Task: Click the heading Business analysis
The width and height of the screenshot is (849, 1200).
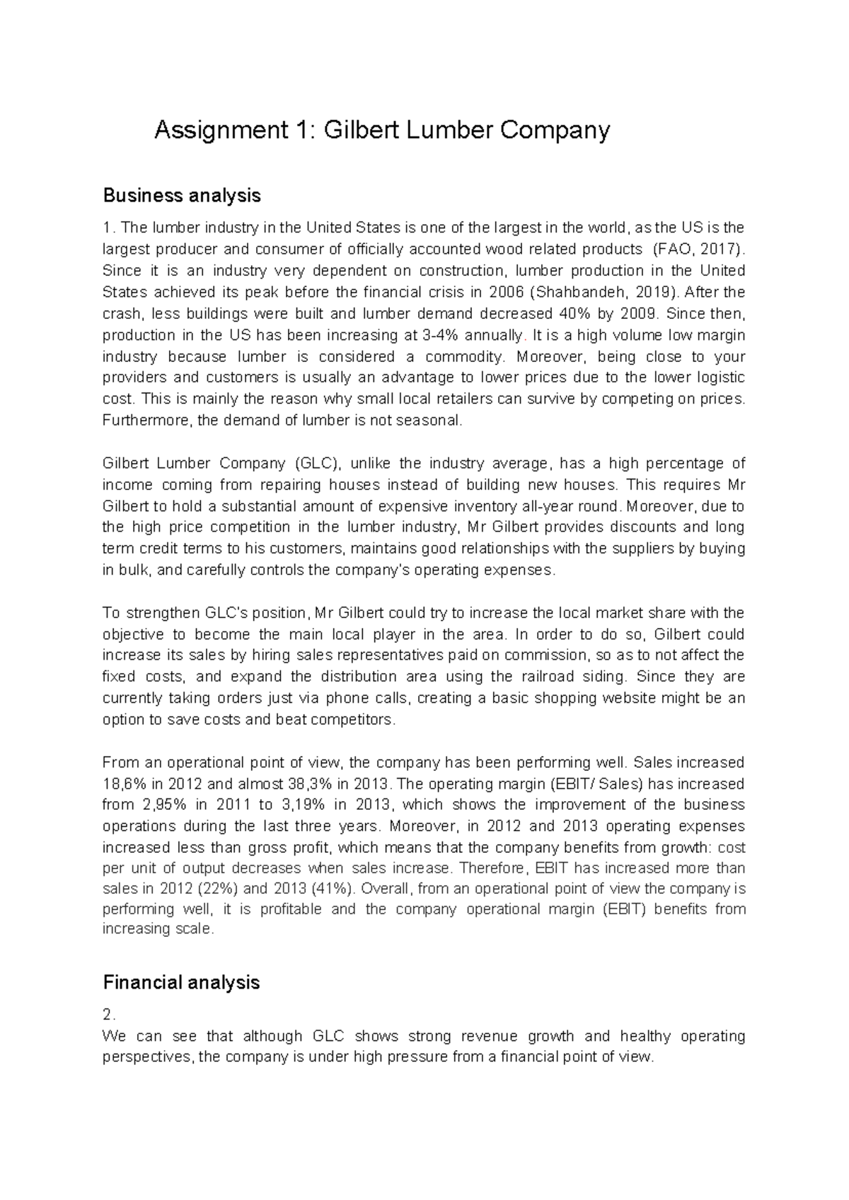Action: (x=182, y=195)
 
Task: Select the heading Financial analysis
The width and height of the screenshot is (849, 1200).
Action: (x=181, y=982)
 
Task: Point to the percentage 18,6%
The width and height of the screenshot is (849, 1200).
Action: (x=125, y=784)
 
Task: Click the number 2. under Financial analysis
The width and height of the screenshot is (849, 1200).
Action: (x=108, y=1015)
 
